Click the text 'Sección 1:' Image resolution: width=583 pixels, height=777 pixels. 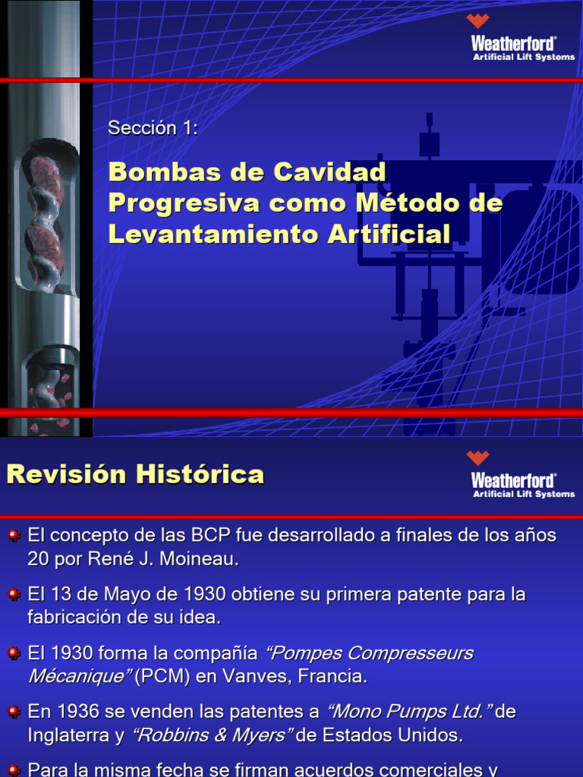(153, 128)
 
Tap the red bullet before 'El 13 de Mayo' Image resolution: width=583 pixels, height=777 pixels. (14, 595)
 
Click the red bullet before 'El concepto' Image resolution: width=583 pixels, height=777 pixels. (14, 536)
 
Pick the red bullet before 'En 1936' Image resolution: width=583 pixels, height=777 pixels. (14, 713)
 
